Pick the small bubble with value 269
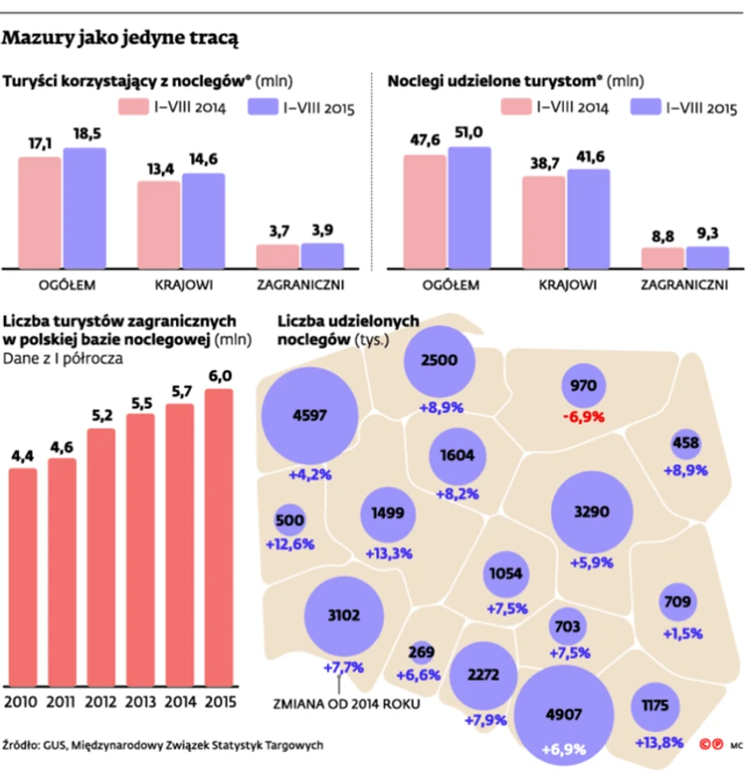click(x=422, y=652)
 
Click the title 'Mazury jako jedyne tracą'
click(x=121, y=38)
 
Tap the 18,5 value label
click(x=85, y=135)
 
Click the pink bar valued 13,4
click(x=159, y=225)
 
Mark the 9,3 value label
click(x=707, y=232)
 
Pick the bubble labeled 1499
click(x=388, y=515)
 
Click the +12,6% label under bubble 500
click(x=289, y=545)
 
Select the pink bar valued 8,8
click(x=662, y=259)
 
